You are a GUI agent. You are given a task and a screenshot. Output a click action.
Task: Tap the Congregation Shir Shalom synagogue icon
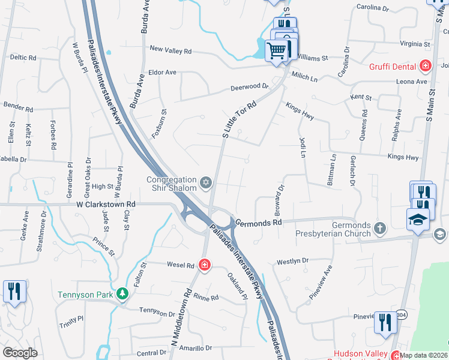(x=206, y=182)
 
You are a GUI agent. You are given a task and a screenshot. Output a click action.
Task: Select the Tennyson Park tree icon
(x=122, y=293)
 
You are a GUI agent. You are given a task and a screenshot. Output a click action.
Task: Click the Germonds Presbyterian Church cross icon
(x=379, y=227)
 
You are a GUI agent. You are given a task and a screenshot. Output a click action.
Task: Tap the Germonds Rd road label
(x=259, y=222)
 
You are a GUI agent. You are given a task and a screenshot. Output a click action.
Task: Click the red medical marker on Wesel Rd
(x=205, y=265)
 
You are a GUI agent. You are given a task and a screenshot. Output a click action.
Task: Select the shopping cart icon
(x=277, y=50)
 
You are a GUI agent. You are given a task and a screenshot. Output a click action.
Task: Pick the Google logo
(x=20, y=353)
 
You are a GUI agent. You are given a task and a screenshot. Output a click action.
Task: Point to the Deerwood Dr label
(x=250, y=88)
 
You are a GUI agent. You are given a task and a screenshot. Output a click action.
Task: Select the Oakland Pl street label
(x=237, y=287)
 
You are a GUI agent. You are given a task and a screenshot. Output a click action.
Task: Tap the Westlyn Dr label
(x=292, y=262)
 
